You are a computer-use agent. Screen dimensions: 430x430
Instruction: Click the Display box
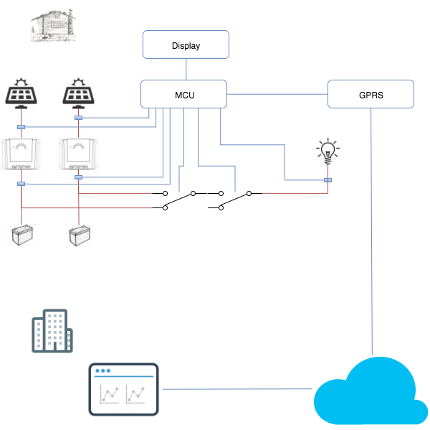coord(186,45)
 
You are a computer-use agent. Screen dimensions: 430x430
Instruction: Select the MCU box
coord(183,94)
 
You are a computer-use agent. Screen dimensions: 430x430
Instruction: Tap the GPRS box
coord(371,94)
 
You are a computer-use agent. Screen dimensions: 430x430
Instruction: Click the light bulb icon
coord(328,151)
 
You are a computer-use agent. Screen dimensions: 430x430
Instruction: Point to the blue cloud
coord(371,391)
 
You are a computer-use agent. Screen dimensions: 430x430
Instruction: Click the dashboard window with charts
coord(124,389)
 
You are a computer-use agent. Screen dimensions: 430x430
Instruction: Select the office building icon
coord(52,331)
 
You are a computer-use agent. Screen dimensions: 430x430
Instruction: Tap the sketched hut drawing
coord(53,25)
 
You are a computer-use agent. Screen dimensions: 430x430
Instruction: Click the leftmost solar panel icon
coord(21,93)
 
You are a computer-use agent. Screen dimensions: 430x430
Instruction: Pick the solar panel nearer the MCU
coord(78,93)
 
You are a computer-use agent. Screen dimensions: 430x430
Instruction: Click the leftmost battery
coord(22,235)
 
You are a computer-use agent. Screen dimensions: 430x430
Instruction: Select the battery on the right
coord(80,235)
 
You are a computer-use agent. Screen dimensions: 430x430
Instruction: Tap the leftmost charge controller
coord(21,154)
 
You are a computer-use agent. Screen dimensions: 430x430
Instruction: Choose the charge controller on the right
coord(78,154)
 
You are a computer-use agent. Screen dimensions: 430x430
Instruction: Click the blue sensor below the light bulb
coord(328,180)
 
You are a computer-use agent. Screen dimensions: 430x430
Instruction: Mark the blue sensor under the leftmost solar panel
coord(21,127)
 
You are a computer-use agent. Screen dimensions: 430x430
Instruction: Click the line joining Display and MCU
coord(186,69)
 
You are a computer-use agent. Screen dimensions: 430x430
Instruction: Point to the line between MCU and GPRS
coord(277,94)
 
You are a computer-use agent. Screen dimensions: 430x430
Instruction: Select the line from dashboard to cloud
coord(237,389)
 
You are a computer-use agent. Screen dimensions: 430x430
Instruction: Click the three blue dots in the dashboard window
coord(102,370)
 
